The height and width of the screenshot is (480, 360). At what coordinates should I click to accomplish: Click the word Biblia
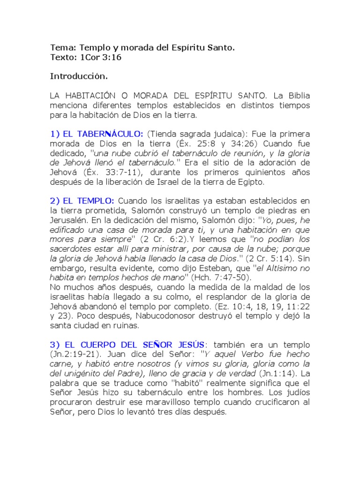[x=298, y=95]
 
